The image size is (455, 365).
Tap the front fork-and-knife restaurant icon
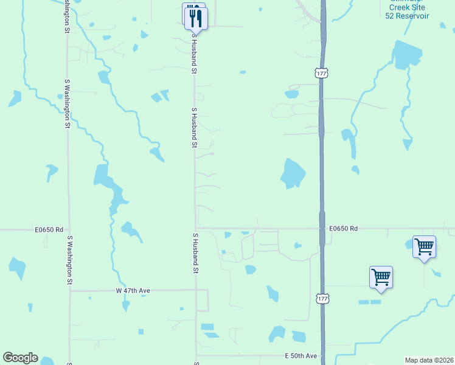click(x=196, y=18)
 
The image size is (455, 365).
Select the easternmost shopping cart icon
click(x=424, y=247)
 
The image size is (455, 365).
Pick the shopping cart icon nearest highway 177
click(x=381, y=277)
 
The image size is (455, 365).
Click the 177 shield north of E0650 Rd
click(x=321, y=73)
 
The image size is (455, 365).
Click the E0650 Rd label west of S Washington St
click(x=49, y=229)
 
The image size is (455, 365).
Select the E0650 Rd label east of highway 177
click(x=344, y=229)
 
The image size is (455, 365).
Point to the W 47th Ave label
click(x=133, y=291)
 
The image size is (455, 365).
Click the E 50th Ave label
click(x=301, y=355)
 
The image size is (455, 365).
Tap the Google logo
click(x=20, y=358)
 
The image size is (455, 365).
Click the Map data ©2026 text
click(x=429, y=360)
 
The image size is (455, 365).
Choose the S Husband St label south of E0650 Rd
click(x=195, y=252)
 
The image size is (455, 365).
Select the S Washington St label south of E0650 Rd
click(x=69, y=260)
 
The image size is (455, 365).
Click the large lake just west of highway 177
click(x=293, y=174)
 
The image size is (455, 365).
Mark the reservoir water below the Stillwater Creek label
click(x=406, y=54)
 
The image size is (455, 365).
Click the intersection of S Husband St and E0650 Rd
click(x=196, y=229)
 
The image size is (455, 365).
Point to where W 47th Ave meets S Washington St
click(x=70, y=291)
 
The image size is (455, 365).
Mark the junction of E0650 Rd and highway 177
click(x=322, y=229)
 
